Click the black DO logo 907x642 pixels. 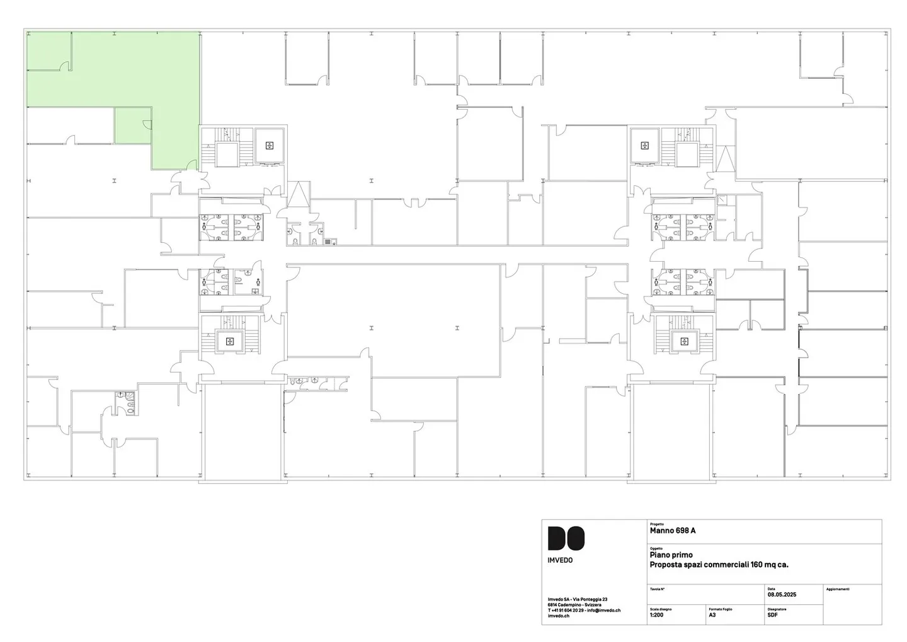tap(566, 538)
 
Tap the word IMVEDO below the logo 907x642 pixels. tap(560, 560)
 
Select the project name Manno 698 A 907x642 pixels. tap(672, 530)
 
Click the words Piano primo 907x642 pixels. tap(671, 555)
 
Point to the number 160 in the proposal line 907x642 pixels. tap(756, 564)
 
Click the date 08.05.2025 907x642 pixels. tap(782, 595)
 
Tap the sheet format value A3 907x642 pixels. tap(712, 615)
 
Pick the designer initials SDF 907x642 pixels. tap(772, 615)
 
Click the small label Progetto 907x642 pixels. tap(656, 523)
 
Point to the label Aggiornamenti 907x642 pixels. tap(837, 589)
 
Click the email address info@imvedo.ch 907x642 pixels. tap(603, 610)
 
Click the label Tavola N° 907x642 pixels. tap(657, 589)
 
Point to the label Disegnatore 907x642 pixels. tap(777, 609)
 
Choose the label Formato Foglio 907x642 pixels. tap(720, 609)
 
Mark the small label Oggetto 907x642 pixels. tap(656, 549)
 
